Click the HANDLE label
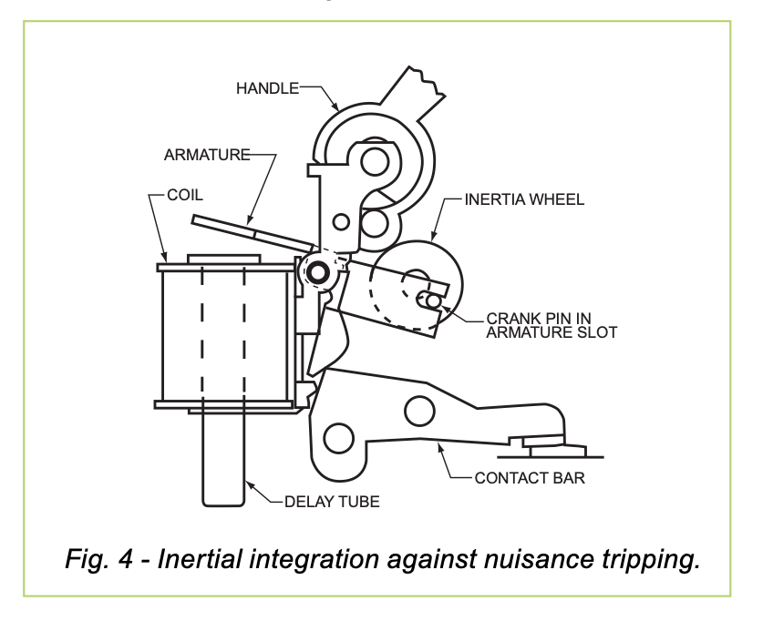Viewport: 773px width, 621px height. click(x=267, y=88)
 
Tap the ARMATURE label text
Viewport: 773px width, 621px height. click(x=207, y=155)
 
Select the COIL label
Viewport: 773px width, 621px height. click(x=185, y=195)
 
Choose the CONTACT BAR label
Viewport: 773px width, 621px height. click(x=530, y=477)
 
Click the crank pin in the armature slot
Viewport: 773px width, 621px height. click(x=433, y=300)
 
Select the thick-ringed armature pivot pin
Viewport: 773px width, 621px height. click(x=317, y=271)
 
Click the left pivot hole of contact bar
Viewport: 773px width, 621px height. click(x=338, y=437)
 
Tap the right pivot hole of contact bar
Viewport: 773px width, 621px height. click(x=418, y=411)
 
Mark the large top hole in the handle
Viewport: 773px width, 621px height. click(x=374, y=162)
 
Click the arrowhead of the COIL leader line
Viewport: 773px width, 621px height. click(x=165, y=260)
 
